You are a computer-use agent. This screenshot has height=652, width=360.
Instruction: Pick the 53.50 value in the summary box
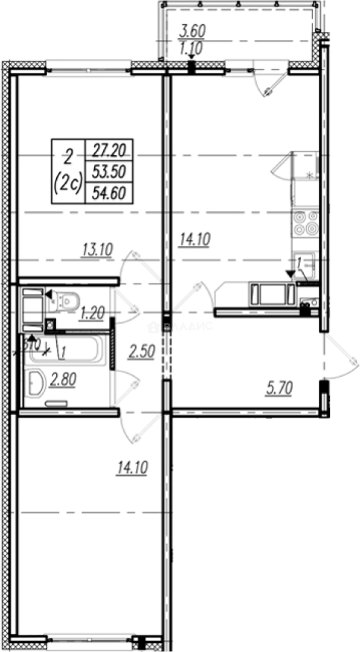click(x=109, y=171)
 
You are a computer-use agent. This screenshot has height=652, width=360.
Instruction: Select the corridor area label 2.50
click(x=143, y=352)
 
